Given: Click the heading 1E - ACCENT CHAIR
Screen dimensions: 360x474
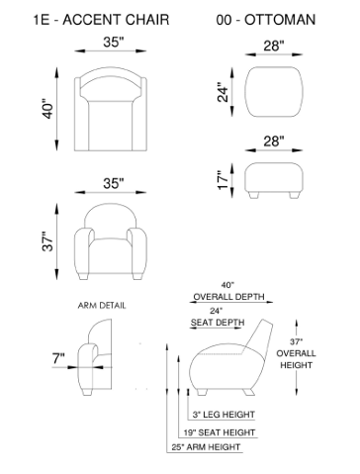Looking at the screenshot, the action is pyautogui.click(x=101, y=20).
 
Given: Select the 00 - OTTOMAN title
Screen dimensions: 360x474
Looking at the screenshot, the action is pyautogui.click(x=266, y=20).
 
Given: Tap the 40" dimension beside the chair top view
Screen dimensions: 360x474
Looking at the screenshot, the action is pyautogui.click(x=48, y=109).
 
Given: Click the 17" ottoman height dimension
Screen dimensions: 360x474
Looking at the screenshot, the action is pyautogui.click(x=224, y=180).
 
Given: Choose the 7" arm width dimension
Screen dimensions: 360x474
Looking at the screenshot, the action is pyautogui.click(x=58, y=358).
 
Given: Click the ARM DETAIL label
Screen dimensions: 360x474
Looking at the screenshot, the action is pyautogui.click(x=102, y=306).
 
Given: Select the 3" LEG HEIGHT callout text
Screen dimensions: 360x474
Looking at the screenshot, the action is pyautogui.click(x=224, y=415).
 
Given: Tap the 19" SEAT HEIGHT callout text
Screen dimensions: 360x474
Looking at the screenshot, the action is pyautogui.click(x=220, y=432).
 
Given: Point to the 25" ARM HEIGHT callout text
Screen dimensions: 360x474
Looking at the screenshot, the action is pyautogui.click(x=206, y=447).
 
